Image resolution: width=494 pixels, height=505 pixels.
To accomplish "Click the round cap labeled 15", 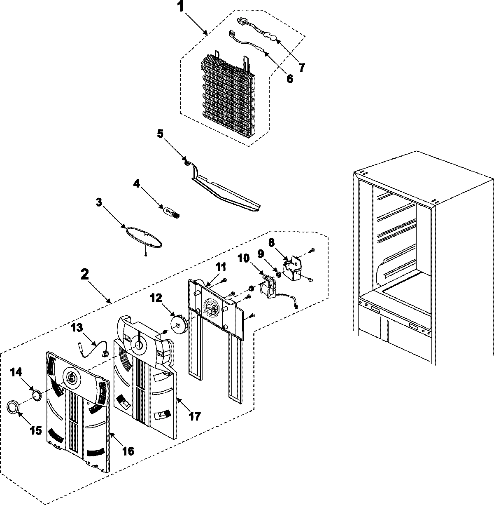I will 13,406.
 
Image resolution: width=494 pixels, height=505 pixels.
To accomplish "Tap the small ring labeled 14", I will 37,395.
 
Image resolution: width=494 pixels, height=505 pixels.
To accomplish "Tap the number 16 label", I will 128,451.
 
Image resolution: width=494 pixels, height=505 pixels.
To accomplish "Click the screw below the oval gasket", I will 146,254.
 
